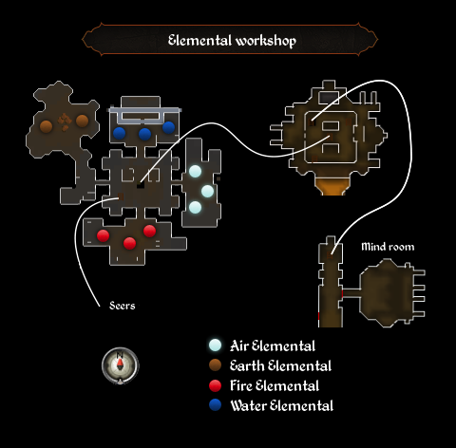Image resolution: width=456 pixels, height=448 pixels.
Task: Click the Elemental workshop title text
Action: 232,41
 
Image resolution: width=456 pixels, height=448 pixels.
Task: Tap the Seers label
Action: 123,306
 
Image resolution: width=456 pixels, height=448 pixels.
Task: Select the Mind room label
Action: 388,247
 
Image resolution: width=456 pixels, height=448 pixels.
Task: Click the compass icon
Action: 120,365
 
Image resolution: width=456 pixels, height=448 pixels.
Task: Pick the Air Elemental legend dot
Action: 216,345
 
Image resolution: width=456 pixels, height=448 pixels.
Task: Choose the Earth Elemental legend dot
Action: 216,365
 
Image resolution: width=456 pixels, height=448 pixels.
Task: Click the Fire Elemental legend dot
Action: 216,385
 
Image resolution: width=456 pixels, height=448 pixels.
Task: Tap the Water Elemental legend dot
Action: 216,405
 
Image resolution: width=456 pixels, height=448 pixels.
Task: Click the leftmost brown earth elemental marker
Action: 46,126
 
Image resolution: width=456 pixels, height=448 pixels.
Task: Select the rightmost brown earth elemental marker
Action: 82,121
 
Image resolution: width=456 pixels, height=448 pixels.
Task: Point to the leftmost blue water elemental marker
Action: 119,133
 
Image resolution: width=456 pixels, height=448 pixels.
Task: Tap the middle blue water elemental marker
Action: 144,134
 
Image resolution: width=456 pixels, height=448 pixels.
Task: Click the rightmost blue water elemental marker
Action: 168,127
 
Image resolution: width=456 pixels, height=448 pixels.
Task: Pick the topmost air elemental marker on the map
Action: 195,172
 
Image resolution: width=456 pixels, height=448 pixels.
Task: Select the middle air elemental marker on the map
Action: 207,191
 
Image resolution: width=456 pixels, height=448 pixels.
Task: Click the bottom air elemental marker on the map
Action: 195,208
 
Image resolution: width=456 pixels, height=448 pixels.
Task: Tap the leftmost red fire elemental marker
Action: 103,235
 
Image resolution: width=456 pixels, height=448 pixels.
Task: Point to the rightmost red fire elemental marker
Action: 149,231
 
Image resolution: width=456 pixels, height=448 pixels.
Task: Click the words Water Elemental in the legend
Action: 282,405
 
